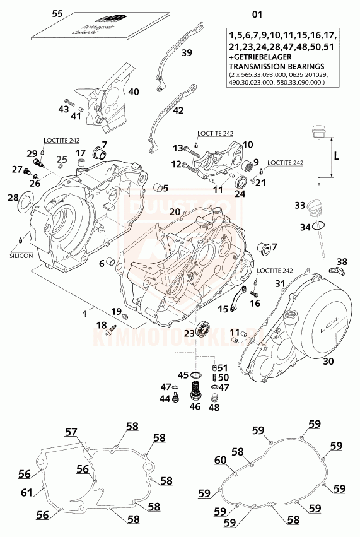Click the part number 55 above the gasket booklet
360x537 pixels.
coord(57,13)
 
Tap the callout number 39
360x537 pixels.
coord(187,53)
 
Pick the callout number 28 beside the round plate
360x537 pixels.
coord(13,198)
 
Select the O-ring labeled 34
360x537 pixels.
coord(320,225)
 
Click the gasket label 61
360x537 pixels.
coord(26,493)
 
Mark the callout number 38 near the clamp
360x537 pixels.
coord(341,261)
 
